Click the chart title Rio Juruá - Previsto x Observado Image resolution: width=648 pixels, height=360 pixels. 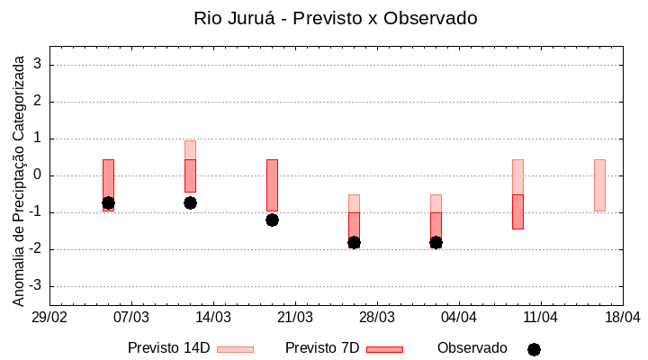pyautogui.click(x=335, y=18)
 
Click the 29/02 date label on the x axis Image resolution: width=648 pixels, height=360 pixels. pyautogui.click(x=49, y=318)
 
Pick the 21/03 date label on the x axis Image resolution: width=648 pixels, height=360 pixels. pyautogui.click(x=295, y=318)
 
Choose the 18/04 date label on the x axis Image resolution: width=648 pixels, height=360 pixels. pyautogui.click(x=623, y=318)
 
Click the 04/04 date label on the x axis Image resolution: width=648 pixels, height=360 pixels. pyautogui.click(x=459, y=318)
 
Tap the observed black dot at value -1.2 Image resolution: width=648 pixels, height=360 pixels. pyautogui.click(x=272, y=220)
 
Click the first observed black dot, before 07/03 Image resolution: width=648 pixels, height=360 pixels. pyautogui.click(x=108, y=202)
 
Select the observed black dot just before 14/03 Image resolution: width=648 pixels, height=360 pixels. pyautogui.click(x=190, y=202)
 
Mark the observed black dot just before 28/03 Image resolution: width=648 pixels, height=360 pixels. pyautogui.click(x=354, y=242)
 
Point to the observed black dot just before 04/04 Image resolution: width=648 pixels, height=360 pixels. pyautogui.click(x=436, y=242)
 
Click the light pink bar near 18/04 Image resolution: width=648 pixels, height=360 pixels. pyautogui.click(x=599, y=184)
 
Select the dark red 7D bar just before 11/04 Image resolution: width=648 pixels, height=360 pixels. pyautogui.click(x=517, y=211)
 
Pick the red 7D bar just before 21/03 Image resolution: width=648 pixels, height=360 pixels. pyautogui.click(x=272, y=184)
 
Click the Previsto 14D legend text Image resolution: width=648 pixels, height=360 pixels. pyautogui.click(x=169, y=348)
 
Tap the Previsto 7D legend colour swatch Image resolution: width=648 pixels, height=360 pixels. pyautogui.click(x=384, y=349)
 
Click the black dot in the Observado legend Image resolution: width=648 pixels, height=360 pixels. pyautogui.click(x=534, y=349)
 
